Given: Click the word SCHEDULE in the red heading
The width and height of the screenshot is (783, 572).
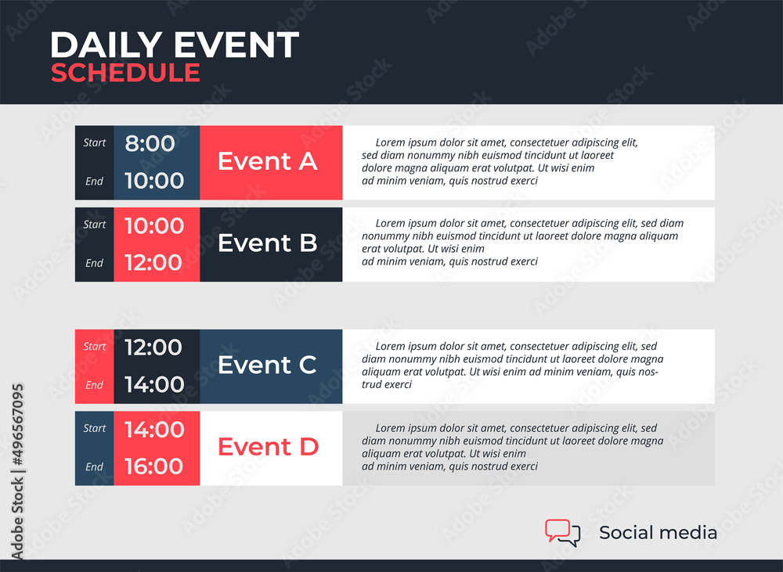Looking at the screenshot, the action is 125,73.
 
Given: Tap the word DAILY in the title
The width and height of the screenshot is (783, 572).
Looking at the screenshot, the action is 106,45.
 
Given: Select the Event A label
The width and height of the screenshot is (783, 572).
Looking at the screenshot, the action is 268,161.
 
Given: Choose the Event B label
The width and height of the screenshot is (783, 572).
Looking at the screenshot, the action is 268,243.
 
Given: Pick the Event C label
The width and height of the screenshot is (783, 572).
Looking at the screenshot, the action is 267,365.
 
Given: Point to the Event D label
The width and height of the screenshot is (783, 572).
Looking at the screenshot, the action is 268,447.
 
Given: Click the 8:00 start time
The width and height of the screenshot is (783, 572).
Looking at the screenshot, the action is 150,144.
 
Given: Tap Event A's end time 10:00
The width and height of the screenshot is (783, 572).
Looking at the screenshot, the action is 154,181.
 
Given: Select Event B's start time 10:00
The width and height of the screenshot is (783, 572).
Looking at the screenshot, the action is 154,225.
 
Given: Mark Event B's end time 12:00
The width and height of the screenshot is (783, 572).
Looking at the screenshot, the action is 153,263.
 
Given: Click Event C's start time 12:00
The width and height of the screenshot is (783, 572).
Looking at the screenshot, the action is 153,347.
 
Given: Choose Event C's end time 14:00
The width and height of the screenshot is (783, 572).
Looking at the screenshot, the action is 154,384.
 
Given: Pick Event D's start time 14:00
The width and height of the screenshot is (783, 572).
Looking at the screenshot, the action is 154,430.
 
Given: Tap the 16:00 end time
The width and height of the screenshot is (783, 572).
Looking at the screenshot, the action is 153,466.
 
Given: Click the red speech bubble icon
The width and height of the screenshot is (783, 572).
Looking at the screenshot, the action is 557,530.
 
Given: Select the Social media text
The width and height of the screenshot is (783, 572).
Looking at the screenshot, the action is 659,533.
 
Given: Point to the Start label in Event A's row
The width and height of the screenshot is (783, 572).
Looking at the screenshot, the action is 95,142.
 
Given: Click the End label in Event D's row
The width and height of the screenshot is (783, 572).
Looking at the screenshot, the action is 95,466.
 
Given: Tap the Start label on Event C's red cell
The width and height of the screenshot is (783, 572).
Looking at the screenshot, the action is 95,347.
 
